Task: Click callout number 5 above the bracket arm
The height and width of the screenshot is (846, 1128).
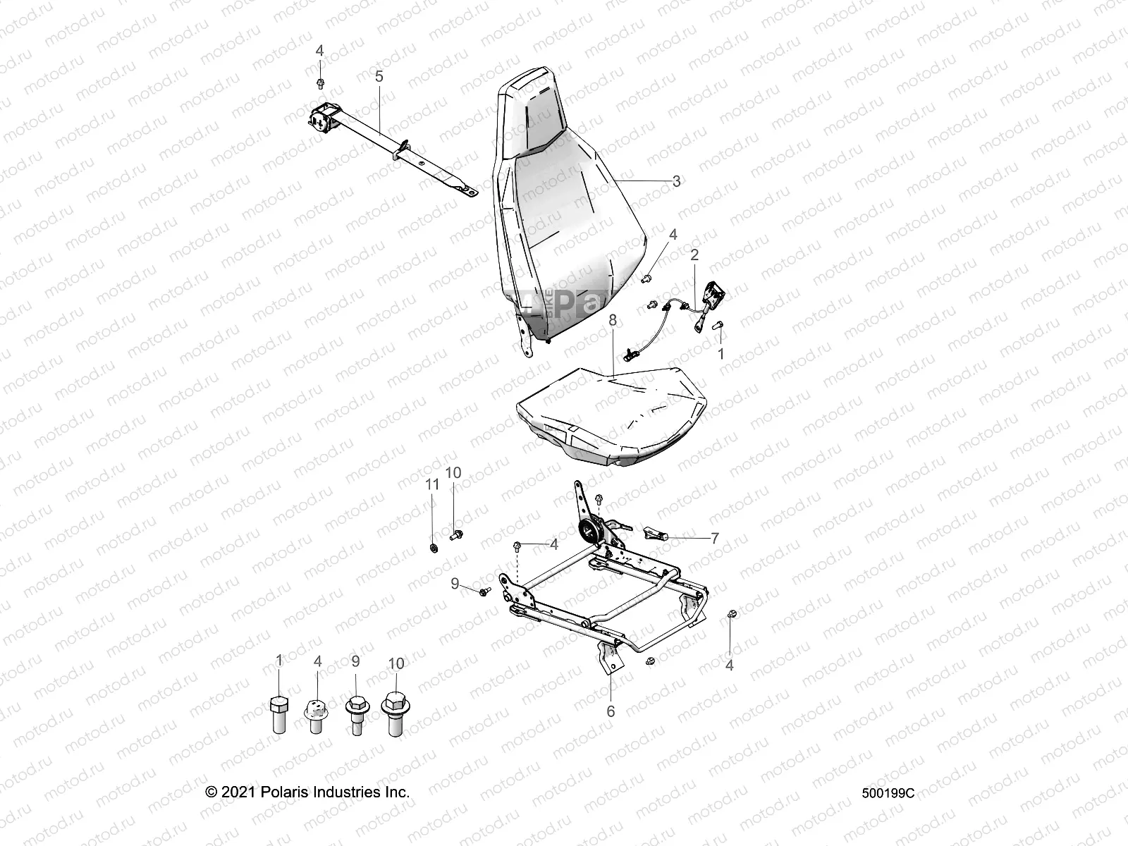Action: [x=379, y=76]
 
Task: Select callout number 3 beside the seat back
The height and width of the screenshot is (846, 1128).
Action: [x=676, y=181]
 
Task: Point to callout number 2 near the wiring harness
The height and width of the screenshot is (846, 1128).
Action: [x=694, y=255]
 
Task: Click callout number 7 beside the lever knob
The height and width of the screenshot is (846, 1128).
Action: [x=714, y=539]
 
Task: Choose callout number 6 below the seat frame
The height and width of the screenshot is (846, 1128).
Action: [x=611, y=711]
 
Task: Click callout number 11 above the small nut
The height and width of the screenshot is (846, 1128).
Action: [x=432, y=484]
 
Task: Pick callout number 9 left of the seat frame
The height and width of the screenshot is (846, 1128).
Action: [x=455, y=583]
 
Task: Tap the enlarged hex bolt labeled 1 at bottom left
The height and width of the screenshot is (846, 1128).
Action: [x=279, y=714]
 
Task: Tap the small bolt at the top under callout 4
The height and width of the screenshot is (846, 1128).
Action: [x=320, y=84]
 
